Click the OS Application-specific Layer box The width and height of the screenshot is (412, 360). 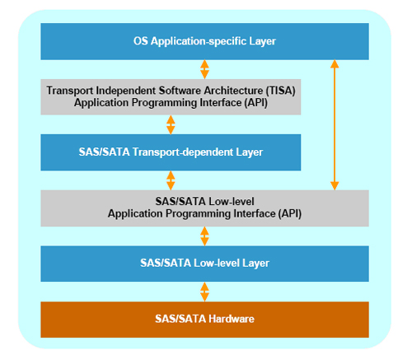[204, 41]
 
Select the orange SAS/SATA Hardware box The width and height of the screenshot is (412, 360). [204, 320]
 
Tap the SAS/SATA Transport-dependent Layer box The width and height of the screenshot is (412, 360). [171, 152]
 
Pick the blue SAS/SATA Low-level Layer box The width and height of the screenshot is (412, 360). [204, 264]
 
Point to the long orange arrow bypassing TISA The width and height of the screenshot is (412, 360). [335, 125]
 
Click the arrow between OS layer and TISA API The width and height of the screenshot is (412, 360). [204, 69]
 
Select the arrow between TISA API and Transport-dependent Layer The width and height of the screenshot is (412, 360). [171, 124]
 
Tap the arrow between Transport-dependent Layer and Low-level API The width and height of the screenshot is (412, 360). [171, 180]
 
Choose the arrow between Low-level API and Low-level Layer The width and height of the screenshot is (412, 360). [204, 236]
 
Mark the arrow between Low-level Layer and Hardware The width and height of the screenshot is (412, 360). [204, 292]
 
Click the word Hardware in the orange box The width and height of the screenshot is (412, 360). [232, 319]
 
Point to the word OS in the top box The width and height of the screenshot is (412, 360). [140, 41]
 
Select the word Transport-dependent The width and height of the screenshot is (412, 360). [183, 152]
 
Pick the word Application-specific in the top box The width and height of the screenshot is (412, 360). [199, 41]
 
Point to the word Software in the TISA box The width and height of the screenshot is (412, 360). [180, 91]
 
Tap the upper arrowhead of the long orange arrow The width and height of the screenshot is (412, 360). [335, 64]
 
